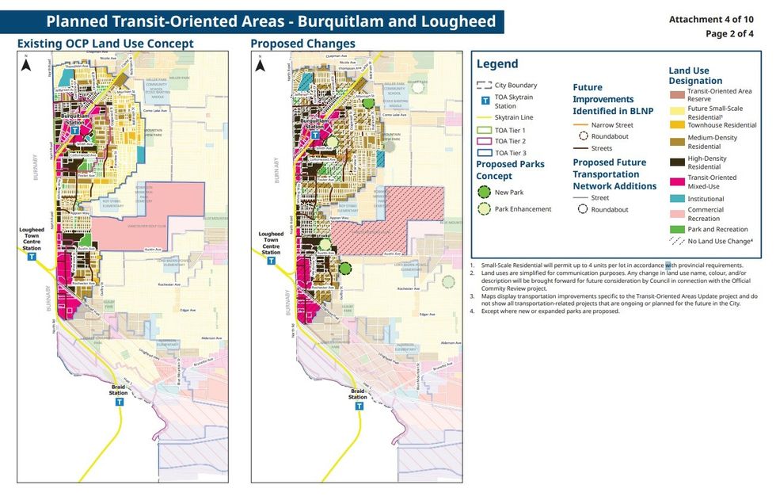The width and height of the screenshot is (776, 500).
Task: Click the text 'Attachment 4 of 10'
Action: click(x=711, y=19)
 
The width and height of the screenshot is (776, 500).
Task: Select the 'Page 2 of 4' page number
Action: click(x=729, y=33)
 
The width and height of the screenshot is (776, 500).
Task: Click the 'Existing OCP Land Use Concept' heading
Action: click(x=105, y=44)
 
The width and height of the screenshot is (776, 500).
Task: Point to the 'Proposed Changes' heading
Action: click(x=302, y=44)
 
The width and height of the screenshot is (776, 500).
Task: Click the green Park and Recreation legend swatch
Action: click(x=678, y=228)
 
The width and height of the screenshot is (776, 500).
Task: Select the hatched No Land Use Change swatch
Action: click(x=678, y=240)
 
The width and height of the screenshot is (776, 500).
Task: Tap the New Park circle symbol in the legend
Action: click(x=483, y=192)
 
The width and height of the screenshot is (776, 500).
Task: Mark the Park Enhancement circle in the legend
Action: click(x=483, y=209)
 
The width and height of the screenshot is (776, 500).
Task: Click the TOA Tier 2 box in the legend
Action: click(x=484, y=141)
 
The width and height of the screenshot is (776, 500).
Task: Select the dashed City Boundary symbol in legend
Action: click(x=484, y=86)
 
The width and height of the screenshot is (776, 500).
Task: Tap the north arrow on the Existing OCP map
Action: click(x=26, y=66)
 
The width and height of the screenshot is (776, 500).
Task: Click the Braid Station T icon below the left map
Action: click(x=120, y=402)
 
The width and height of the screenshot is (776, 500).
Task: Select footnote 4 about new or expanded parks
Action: click(x=546, y=311)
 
